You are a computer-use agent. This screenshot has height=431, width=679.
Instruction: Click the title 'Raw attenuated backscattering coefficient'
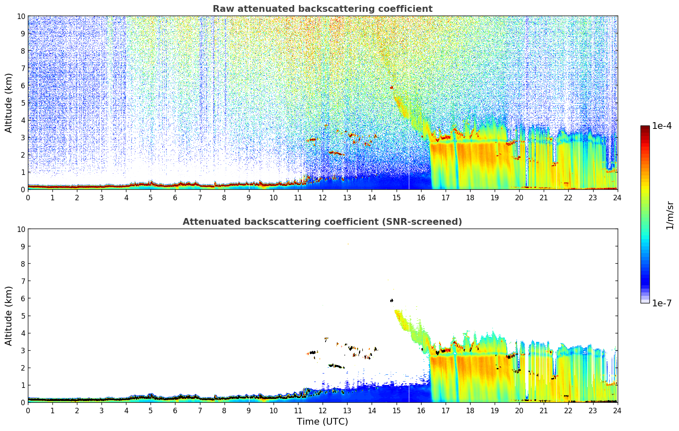322,9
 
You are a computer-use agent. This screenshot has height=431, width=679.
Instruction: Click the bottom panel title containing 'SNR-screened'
322,222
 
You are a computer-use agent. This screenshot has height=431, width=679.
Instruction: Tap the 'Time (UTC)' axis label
322,421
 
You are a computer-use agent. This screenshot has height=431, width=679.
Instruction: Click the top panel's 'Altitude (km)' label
9,103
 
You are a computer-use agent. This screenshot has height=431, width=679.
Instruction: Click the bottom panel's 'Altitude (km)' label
9,316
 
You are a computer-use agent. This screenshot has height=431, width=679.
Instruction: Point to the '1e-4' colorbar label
662,126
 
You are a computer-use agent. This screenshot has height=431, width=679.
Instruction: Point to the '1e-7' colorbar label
662,303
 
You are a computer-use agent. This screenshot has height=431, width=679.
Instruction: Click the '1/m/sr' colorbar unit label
670,215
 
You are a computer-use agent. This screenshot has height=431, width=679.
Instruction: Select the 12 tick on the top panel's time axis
323,197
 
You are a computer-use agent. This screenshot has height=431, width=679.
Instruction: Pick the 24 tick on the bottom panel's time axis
617,410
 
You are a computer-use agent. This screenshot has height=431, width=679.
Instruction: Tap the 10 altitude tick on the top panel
20,16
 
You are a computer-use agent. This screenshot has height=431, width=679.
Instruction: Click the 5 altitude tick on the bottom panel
22,316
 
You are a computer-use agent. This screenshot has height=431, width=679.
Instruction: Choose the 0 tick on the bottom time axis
28,410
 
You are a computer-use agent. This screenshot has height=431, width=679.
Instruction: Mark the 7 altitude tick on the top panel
22,68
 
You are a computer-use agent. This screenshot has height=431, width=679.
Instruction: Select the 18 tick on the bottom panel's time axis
470,410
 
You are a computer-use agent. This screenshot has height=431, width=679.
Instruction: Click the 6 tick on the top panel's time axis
175,197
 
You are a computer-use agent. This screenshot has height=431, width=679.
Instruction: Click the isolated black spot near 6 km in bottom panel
392,300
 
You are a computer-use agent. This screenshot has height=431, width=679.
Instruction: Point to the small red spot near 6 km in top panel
392,87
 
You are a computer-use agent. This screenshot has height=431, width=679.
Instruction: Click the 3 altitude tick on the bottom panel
22,350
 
